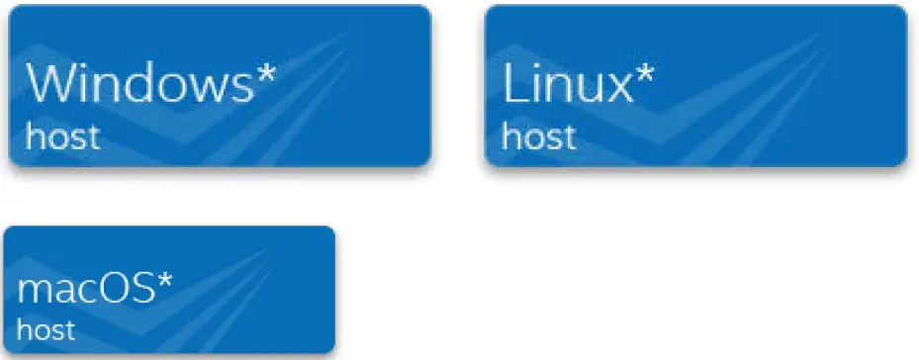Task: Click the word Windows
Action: tap(140, 84)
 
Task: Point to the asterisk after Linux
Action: tap(644, 74)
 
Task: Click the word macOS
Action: tap(85, 291)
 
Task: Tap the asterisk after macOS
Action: tap(165, 283)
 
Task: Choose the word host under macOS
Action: tap(46, 328)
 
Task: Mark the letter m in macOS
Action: tap(32, 294)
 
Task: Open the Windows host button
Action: tap(220, 85)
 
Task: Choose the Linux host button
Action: tap(694, 85)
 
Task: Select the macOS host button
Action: tap(170, 290)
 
